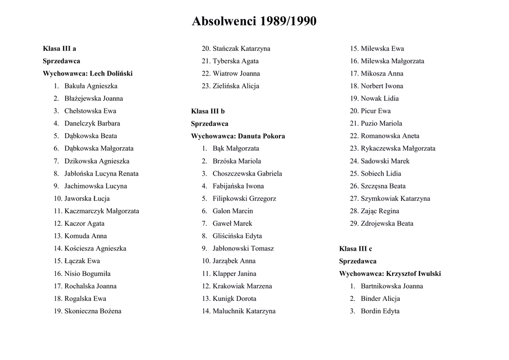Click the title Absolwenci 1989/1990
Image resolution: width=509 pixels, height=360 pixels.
[254, 21]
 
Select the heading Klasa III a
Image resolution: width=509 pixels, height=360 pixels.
[59, 49]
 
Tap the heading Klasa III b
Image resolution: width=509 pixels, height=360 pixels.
[208, 111]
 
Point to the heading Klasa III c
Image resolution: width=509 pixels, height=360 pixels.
[355, 249]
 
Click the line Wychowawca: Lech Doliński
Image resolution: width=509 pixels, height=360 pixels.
[87, 74]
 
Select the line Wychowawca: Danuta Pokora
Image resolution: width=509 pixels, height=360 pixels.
[238, 136]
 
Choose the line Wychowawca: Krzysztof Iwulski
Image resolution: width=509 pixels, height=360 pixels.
[390, 273]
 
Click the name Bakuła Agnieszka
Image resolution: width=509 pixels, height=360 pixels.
[91, 86]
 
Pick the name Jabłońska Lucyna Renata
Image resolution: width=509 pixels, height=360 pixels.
[101, 174]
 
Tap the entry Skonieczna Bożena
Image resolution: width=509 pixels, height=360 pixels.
[93, 311]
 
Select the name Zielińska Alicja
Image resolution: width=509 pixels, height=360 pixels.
[236, 86]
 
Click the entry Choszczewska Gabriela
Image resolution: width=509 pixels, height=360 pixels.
[247, 174]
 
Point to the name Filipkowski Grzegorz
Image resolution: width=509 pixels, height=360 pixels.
[245, 198]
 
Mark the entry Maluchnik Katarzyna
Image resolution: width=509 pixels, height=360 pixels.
[244, 311]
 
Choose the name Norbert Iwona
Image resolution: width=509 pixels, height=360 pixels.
[382, 86]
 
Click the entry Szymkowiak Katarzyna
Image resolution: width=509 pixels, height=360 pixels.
[395, 198]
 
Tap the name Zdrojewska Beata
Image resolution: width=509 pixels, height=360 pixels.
[387, 224]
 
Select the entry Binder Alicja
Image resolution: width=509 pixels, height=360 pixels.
[380, 299]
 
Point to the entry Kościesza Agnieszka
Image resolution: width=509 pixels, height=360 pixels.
[95, 249]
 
